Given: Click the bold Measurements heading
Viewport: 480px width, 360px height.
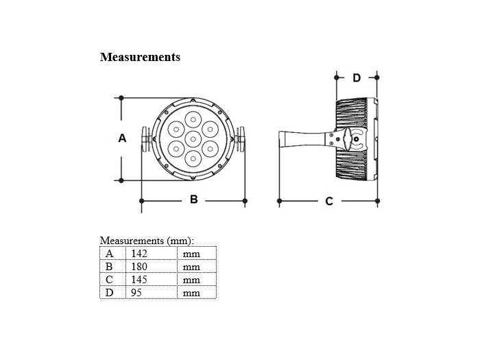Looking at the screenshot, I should click(140, 57).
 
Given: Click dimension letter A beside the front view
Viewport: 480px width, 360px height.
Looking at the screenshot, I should click(122, 138).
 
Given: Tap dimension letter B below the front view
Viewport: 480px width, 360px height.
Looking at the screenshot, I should click(193, 200).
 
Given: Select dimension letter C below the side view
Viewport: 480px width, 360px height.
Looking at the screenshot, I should click(329, 201).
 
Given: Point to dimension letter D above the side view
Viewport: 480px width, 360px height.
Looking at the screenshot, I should click(357, 78).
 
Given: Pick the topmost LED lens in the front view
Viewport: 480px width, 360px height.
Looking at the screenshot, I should click(193, 117).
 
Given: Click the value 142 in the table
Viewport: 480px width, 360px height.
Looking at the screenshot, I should click(139, 254).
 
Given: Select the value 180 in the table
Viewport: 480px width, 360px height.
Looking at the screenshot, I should click(139, 267).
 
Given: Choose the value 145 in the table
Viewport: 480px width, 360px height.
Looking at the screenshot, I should click(139, 280).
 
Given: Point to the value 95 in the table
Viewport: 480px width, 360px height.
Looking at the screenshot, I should click(136, 293).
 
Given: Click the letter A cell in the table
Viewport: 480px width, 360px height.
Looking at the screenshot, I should click(109, 254).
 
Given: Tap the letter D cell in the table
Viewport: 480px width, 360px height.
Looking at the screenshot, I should click(109, 293).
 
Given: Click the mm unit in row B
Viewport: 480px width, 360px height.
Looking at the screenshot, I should click(191, 267).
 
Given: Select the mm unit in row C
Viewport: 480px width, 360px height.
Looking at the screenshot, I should click(191, 280).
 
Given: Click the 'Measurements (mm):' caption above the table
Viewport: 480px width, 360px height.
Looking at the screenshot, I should click(147, 241).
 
